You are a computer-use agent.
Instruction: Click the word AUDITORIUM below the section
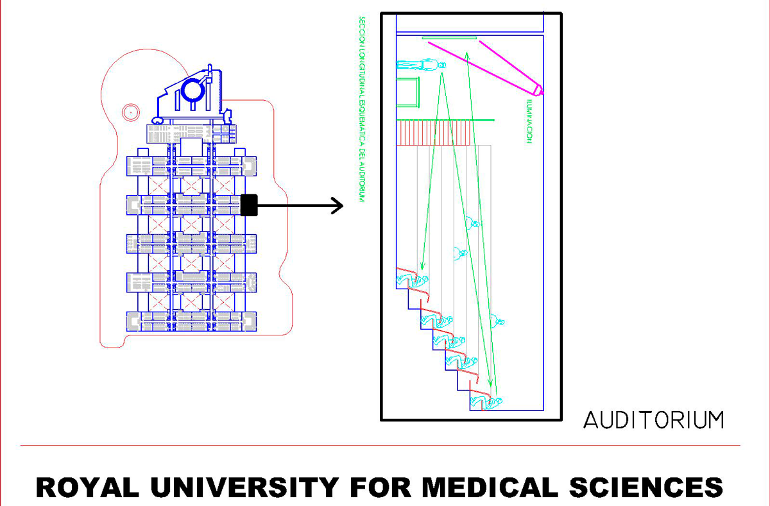coord(653,420)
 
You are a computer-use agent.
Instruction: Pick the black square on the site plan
coord(249,205)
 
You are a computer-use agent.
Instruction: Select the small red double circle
coord(130,112)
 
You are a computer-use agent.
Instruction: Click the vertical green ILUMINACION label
coord(529,122)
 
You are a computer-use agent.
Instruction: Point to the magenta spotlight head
coord(538,90)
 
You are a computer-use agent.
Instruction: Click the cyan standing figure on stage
coord(420,65)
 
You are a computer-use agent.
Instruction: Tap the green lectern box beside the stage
coord(407,91)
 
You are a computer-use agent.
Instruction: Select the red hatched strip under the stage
coord(436,133)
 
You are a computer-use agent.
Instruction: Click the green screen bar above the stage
coord(449,38)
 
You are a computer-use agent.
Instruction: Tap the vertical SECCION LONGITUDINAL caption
coord(362,109)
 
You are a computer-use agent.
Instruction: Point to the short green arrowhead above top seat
coord(422,266)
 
